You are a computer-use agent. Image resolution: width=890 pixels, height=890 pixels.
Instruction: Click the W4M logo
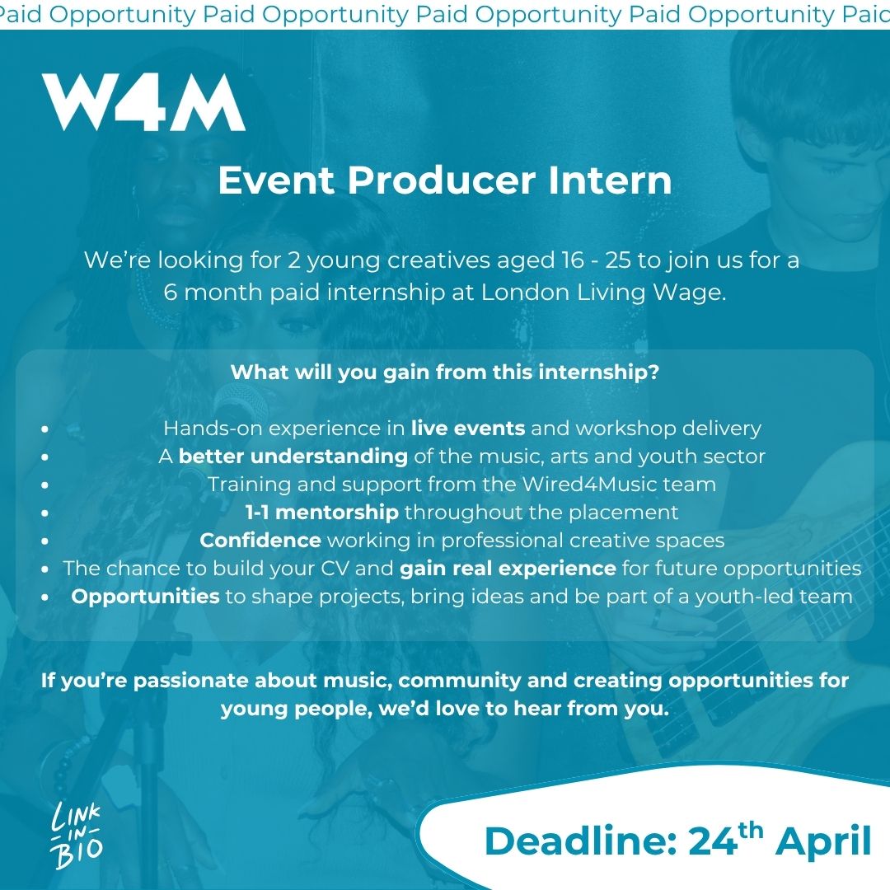(144, 103)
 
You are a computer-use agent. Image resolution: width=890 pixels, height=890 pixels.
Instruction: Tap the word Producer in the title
(441, 180)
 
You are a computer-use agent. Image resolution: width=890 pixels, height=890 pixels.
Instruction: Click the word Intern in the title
(610, 180)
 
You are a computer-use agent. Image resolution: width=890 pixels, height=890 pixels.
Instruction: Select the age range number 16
(573, 260)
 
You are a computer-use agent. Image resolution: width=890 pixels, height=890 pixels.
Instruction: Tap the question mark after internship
(653, 372)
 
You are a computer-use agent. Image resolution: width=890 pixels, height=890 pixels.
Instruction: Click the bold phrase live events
(468, 428)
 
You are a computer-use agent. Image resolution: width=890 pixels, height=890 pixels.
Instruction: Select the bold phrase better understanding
(293, 457)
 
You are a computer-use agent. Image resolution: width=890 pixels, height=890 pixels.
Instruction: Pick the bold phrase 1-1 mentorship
(322, 513)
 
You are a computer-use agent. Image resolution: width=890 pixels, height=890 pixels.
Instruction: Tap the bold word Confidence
(260, 541)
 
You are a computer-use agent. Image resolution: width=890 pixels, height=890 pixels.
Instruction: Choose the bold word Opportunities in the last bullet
(145, 597)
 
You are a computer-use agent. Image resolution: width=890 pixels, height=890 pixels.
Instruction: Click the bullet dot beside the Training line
(44, 485)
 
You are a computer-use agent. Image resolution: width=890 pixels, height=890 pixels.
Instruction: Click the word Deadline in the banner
(581, 841)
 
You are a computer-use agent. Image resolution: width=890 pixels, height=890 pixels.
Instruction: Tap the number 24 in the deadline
(713, 841)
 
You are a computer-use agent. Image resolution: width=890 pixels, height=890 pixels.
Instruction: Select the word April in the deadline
(823, 842)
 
